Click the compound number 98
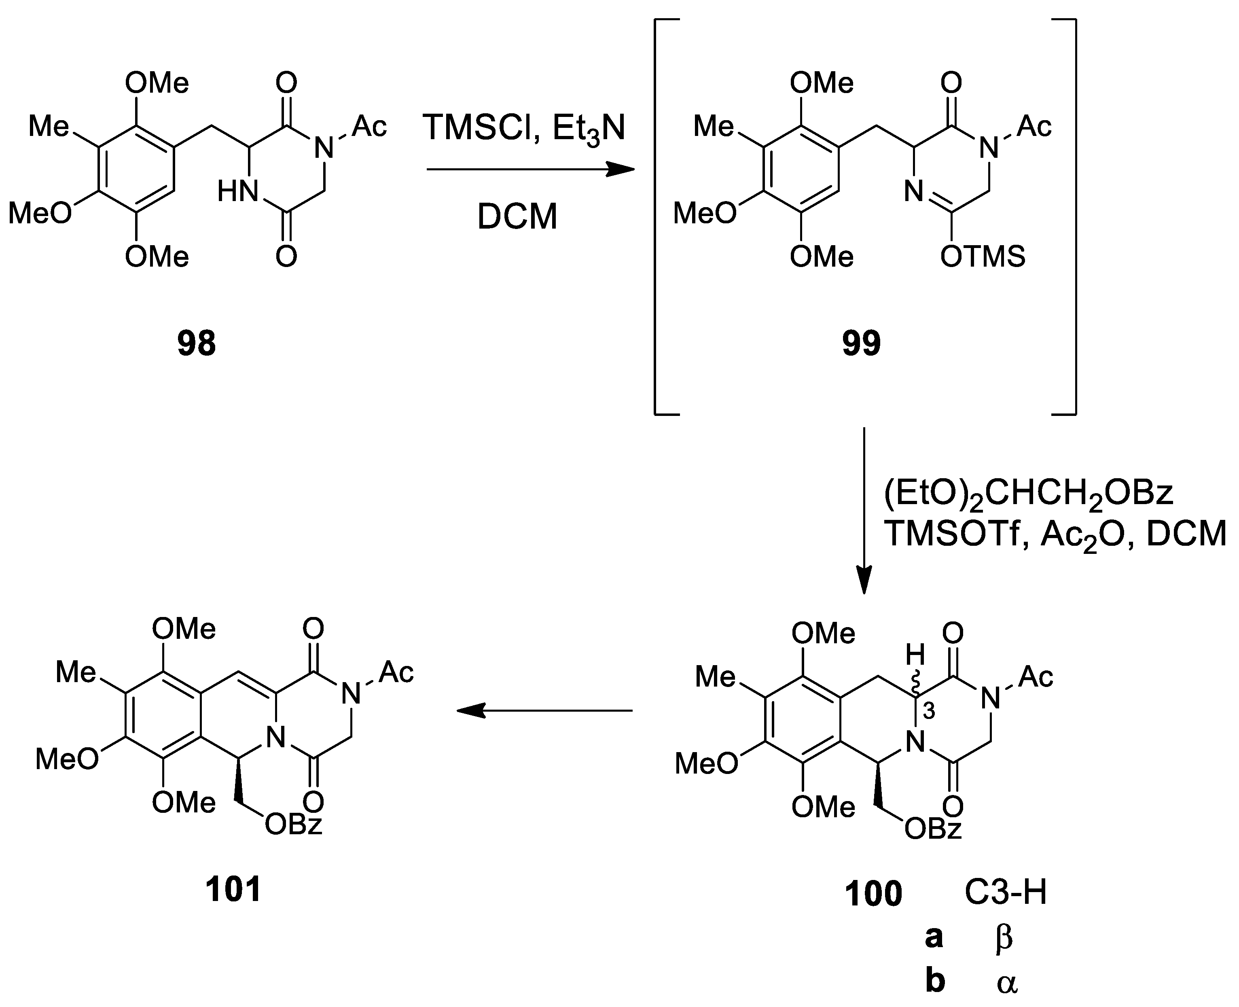click(197, 343)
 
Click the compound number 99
click(861, 343)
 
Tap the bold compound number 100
click(873, 893)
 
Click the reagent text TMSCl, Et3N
click(524, 129)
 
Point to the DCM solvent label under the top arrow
click(517, 217)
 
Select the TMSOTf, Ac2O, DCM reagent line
click(1055, 535)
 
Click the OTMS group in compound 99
click(983, 257)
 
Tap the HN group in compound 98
click(238, 191)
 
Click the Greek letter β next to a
click(1004, 938)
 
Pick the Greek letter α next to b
click(1006, 983)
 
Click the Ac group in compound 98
click(369, 126)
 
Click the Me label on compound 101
click(75, 673)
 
